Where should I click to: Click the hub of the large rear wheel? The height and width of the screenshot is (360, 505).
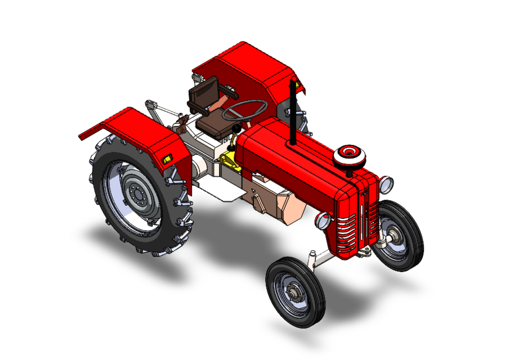click(135, 194)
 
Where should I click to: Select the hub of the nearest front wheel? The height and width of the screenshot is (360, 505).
click(294, 291)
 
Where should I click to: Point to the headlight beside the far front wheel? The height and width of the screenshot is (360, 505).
click(386, 183)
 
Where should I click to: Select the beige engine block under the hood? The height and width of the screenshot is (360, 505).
click(279, 203)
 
